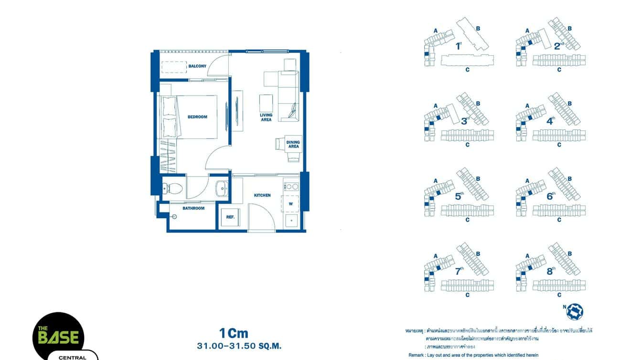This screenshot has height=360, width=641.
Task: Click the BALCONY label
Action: click(197, 66)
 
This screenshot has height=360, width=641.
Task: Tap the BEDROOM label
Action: click(197, 117)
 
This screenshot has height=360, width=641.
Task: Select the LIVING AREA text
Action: click(266, 117)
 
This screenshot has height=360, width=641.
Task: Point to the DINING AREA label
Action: click(293, 144)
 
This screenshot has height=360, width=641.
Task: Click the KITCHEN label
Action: click(262, 195)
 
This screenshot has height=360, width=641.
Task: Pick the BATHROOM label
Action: click(193, 208)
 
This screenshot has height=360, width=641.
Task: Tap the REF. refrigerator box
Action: click(230, 217)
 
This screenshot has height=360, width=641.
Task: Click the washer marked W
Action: click(290, 204)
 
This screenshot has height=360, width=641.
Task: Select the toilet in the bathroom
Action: click(172, 188)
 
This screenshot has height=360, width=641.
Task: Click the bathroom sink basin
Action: click(221, 188)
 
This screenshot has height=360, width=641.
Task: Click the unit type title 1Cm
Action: click(234, 333)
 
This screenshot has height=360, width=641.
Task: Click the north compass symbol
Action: click(575, 311)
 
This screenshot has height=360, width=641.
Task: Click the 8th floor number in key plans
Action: click(550, 271)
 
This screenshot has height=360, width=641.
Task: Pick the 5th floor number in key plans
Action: click(459, 196)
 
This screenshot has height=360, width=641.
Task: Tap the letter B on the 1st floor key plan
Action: click(478, 28)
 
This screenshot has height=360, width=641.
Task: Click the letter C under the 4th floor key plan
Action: click(559, 145)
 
